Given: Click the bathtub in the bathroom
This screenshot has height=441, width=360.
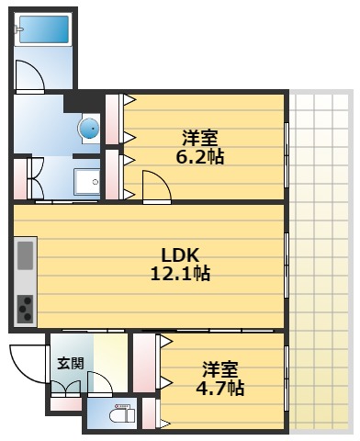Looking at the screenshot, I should [45, 29].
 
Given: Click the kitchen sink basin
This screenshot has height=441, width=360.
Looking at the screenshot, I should [26, 254].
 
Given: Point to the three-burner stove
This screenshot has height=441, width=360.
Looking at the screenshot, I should [25, 307].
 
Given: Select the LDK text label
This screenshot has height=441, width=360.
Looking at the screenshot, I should [180, 254].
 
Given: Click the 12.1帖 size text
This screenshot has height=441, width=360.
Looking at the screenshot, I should [180, 273].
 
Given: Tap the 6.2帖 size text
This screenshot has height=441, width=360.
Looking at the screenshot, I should [199, 156].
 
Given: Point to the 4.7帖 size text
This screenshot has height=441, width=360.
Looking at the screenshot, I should [222, 388].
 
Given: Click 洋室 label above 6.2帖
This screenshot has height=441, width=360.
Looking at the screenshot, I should [199, 138].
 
